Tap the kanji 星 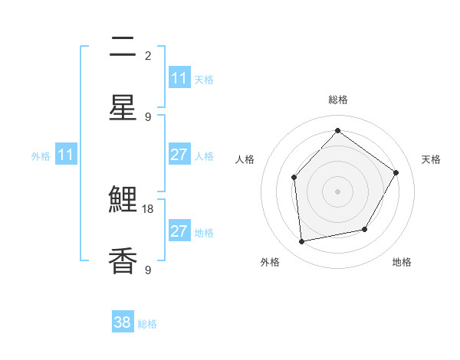coord(123,108)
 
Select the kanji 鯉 coord(123,201)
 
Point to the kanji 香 coord(123,261)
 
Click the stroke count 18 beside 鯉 coord(149,208)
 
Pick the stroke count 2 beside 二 coord(148,55)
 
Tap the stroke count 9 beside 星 coord(148,116)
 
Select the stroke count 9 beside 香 coord(148,270)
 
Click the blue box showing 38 coord(123,322)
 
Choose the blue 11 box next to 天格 coord(179,78)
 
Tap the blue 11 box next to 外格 coord(66,155)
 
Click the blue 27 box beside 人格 coord(179,155)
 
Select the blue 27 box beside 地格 coord(179,231)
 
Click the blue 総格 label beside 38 coord(147,324)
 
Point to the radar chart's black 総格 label coord(337,100)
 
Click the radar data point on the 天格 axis coord(396,172)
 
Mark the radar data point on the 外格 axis coord(302,241)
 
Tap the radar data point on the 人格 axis coord(294,178)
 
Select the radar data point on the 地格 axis coord(365,229)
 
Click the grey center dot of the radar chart coord(337,191)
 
